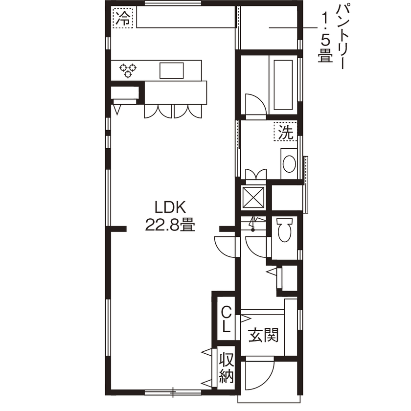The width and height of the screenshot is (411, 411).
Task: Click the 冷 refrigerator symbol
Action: tap(123, 19)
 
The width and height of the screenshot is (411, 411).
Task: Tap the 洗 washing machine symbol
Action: tap(285, 132)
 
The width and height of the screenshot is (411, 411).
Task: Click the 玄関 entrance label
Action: tap(263, 336)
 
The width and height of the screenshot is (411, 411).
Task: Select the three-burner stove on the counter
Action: tap(128, 70)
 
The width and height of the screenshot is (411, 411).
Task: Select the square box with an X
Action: tap(254, 197)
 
